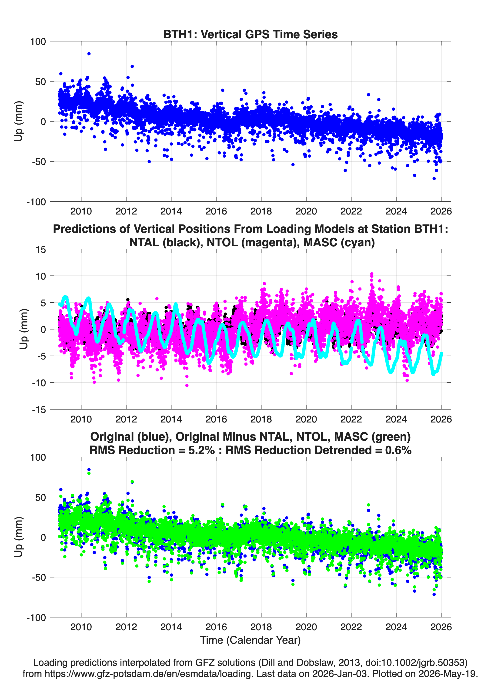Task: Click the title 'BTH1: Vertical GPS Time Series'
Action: coord(250,34)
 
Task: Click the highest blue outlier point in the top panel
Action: coord(89,54)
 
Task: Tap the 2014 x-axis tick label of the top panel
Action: coord(171,211)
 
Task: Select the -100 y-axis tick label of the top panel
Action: coord(36,202)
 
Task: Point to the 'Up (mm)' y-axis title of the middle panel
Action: coord(23,329)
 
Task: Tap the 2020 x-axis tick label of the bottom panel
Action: coord(306,627)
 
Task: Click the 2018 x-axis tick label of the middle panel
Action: coord(261,419)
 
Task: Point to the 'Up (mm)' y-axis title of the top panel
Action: coord(18,121)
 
